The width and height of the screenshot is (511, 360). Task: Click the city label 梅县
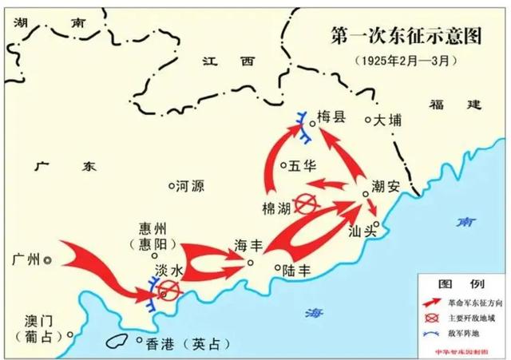click(x=331, y=117)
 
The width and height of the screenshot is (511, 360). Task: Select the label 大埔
click(x=390, y=121)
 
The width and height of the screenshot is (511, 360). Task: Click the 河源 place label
click(x=190, y=186)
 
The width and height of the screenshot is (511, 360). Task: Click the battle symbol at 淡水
click(x=168, y=291)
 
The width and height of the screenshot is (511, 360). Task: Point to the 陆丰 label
click(x=296, y=271)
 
